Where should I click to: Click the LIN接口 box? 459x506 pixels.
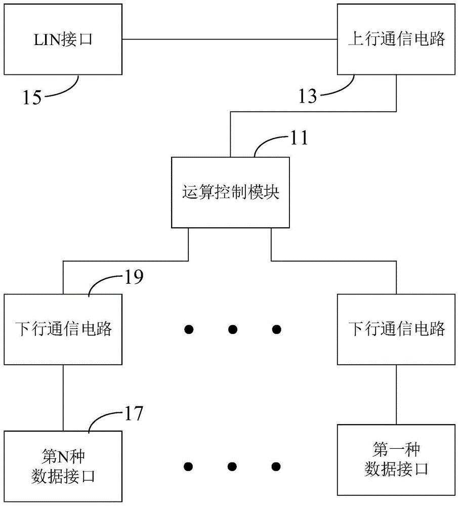tap(63, 39)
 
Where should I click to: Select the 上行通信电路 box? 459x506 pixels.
tap(396, 39)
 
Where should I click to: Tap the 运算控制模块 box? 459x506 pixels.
tap(230, 193)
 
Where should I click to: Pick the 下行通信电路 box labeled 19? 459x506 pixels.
tap(63, 329)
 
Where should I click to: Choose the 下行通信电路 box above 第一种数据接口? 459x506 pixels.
tap(396, 329)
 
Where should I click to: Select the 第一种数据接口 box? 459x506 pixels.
tap(396, 459)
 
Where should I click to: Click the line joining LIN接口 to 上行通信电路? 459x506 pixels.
tap(230, 39)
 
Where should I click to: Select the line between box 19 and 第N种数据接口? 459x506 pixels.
tap(63, 397)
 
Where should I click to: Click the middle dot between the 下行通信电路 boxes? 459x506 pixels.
tap(232, 330)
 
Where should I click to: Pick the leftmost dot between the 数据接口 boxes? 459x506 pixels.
tap(189, 466)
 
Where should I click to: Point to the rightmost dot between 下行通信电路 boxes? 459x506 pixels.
tap(276, 330)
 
